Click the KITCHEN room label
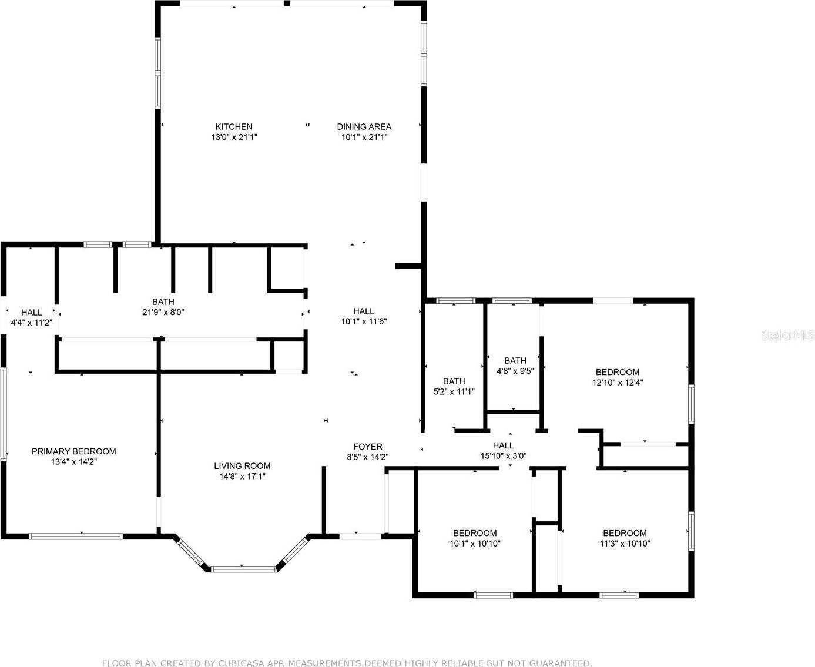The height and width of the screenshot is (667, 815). pos(234,126)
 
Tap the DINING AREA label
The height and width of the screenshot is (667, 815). pos(364,126)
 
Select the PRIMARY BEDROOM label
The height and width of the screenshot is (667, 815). pos(73,451)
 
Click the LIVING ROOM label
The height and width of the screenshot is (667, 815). pos(242,466)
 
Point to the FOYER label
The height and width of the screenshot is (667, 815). pos(367,447)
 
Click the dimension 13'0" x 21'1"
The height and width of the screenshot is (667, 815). pos(234,137)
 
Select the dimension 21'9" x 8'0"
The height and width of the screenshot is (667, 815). pos(163,313)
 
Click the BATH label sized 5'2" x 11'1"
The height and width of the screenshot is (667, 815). pos(454,381)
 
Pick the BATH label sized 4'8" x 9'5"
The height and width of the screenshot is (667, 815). pos(515,361)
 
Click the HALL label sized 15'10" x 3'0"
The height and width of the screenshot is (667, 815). pos(503,445)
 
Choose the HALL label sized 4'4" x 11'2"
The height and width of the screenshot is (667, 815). pos(32,313)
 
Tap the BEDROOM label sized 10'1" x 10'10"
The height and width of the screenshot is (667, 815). pos(475,533)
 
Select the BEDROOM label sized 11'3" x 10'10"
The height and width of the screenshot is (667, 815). pos(625,533)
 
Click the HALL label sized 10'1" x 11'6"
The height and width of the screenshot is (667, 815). pos(364,311)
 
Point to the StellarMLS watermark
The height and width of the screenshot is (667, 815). pos(787,336)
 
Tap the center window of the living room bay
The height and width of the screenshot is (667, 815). pos(243,569)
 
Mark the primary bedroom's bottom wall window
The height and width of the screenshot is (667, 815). pos(76,536)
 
